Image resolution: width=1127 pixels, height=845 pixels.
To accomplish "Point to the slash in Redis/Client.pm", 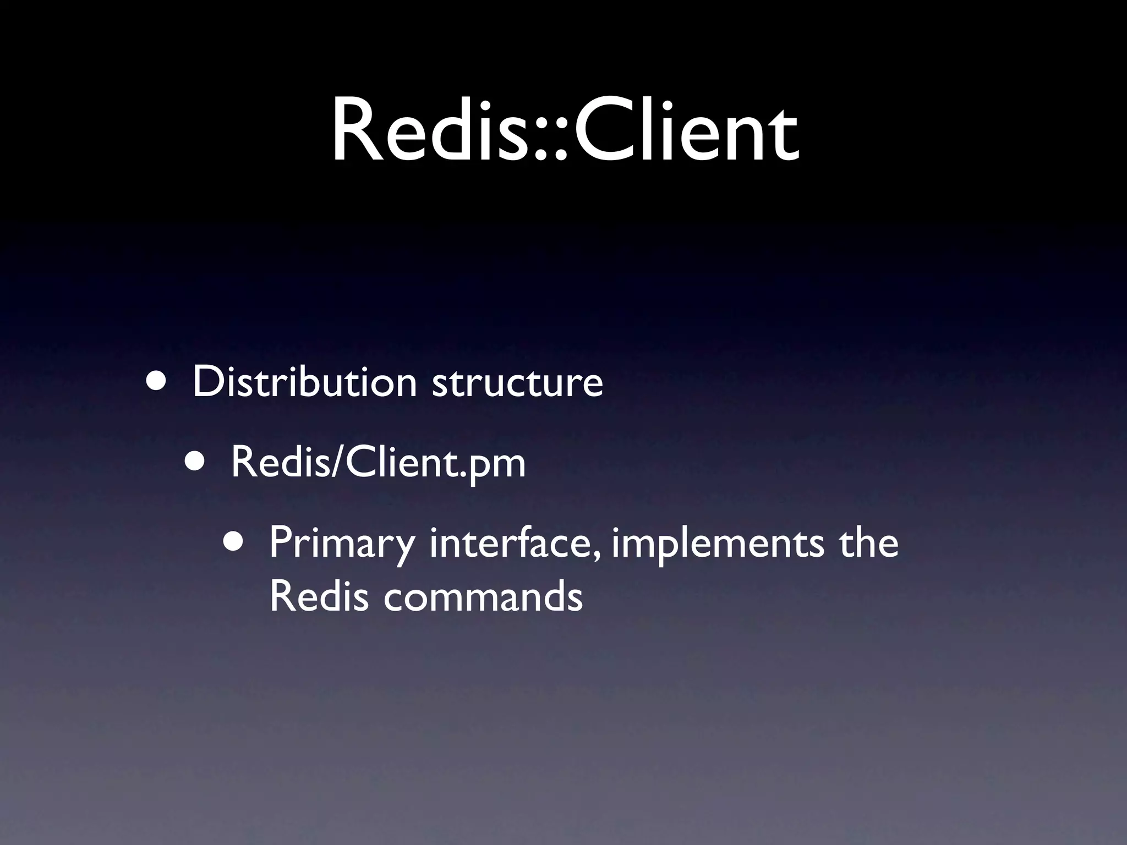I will click(x=337, y=464).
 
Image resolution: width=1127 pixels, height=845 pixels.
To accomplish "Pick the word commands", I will click(x=483, y=597).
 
